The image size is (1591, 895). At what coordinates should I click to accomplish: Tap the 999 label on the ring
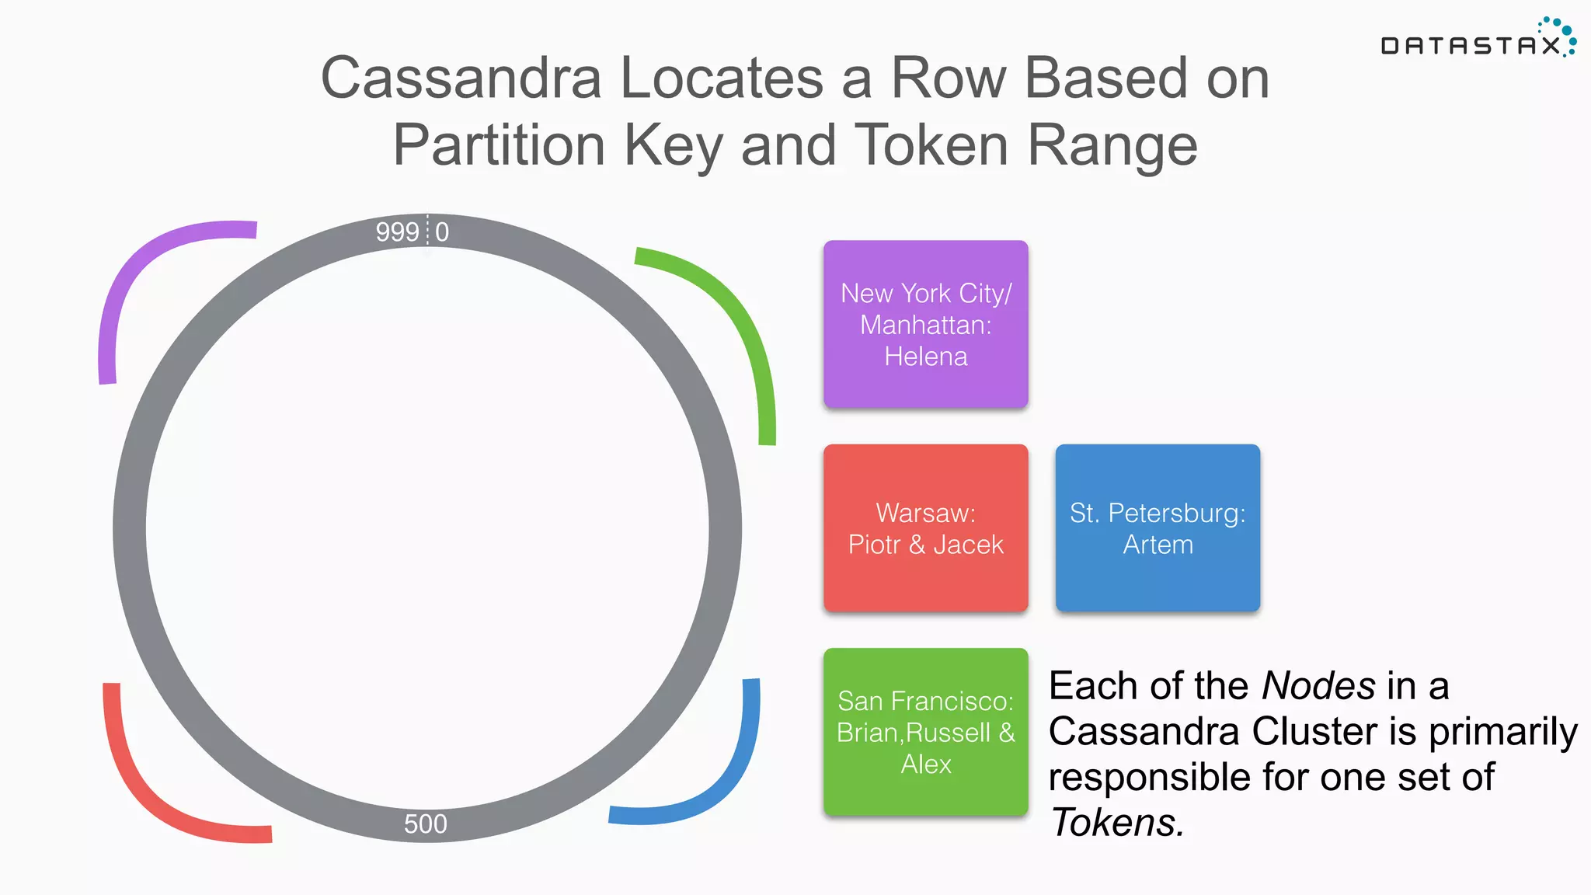(397, 232)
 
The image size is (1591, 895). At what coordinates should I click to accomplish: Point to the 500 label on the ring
(425, 824)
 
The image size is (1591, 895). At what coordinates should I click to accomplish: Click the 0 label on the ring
(442, 232)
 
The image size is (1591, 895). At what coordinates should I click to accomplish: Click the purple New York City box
(925, 324)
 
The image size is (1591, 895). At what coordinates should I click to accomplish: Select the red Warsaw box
(925, 528)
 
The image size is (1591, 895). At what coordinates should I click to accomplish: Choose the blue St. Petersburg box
(1158, 528)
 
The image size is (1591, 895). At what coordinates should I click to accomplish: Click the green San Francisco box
(925, 732)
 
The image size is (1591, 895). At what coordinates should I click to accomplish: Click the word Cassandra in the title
(461, 78)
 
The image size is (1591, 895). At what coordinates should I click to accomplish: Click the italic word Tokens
(1116, 823)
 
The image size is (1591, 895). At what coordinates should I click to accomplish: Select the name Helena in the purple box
(925, 357)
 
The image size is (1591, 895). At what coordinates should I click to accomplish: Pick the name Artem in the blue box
(1158, 545)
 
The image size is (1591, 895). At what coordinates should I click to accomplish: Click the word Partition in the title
(499, 145)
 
